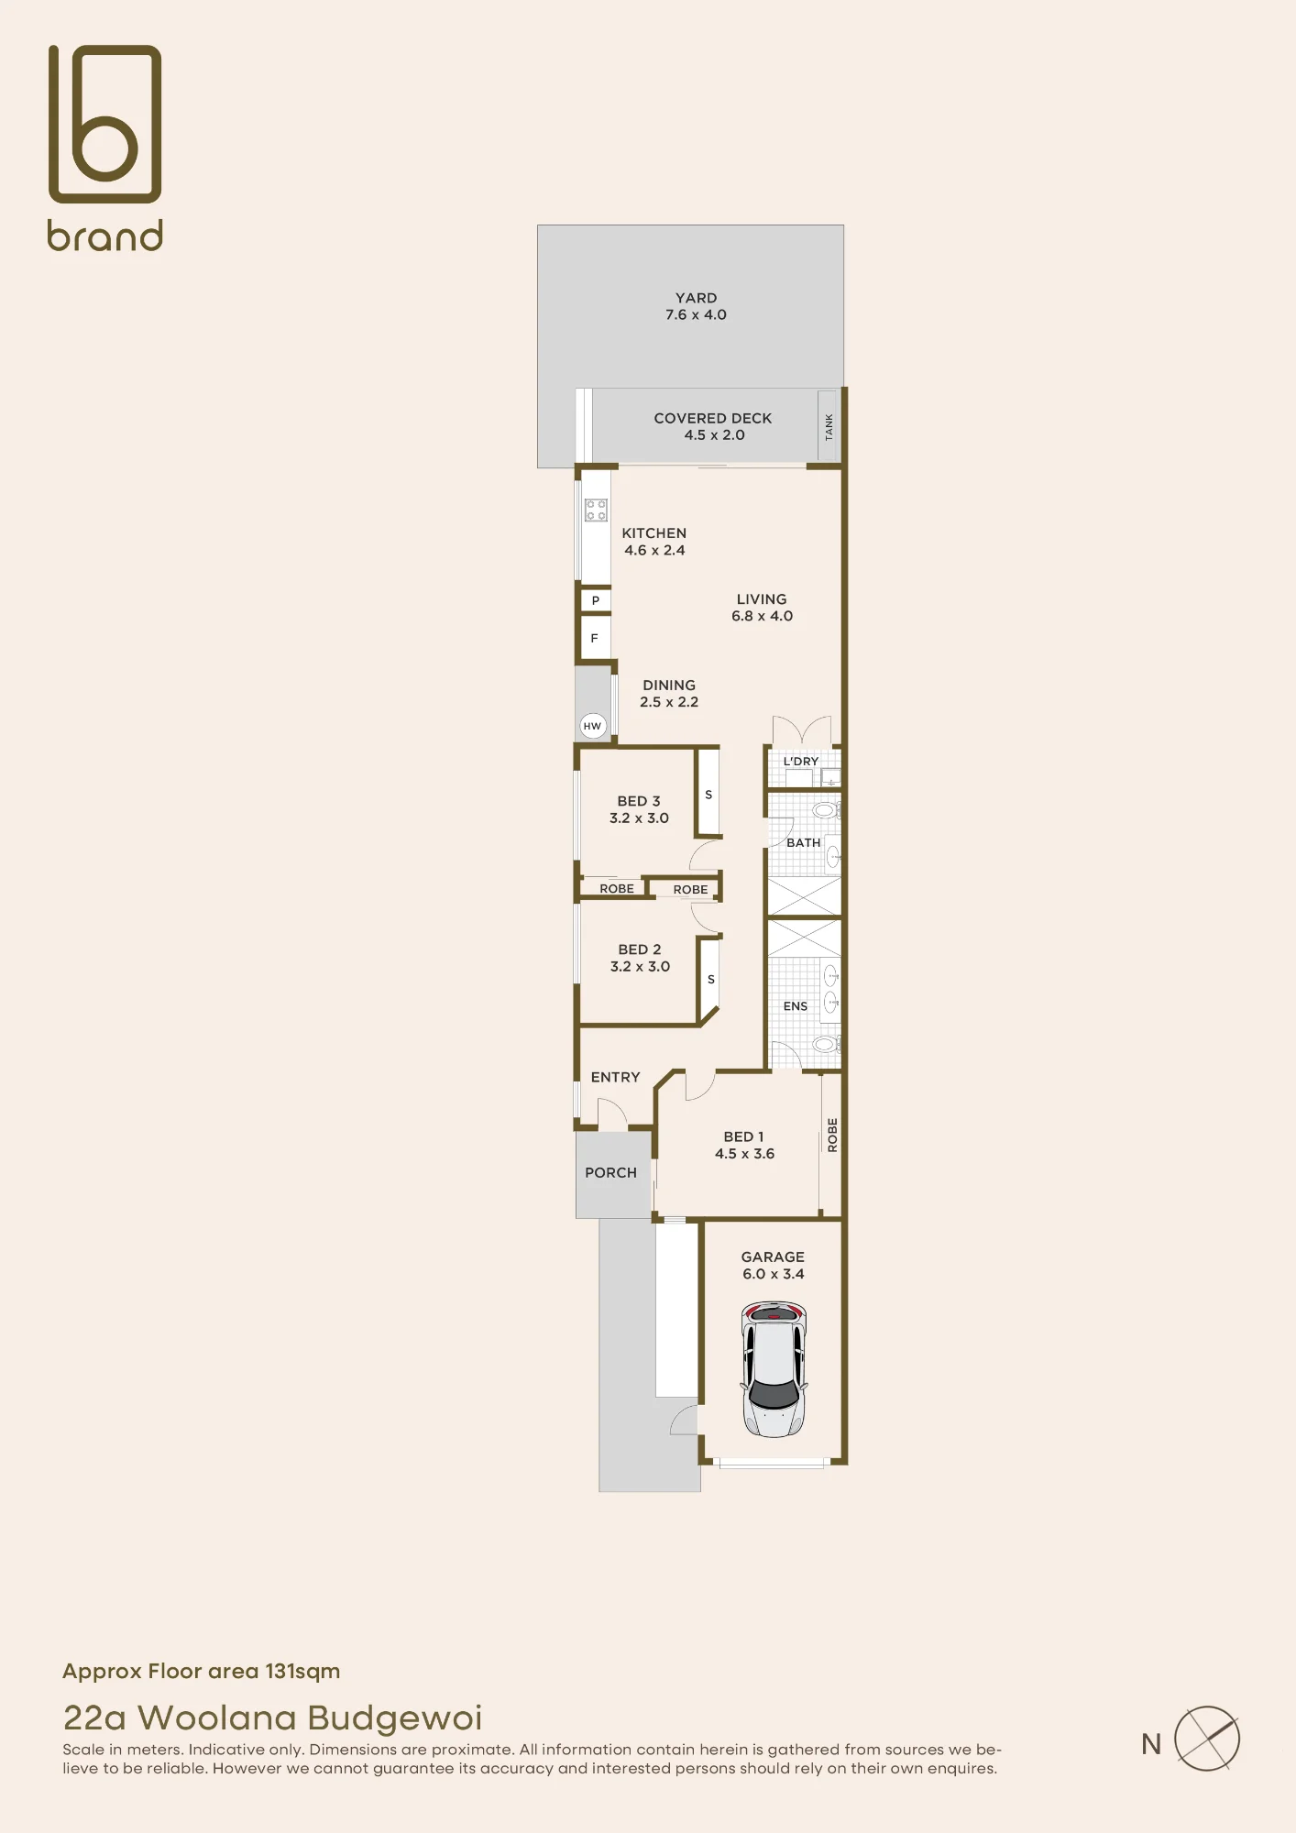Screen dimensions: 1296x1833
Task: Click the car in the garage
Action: click(x=774, y=1369)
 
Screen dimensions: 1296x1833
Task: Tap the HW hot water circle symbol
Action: click(x=593, y=726)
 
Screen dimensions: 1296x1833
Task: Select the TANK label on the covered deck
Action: click(x=829, y=426)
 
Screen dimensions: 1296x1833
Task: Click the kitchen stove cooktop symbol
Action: click(x=597, y=510)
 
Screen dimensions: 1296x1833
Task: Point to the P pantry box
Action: click(x=596, y=600)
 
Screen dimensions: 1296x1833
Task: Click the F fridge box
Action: click(x=595, y=638)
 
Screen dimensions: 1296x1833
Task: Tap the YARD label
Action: click(x=697, y=298)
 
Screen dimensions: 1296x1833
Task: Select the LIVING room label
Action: click(x=762, y=599)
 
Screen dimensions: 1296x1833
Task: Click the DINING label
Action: click(x=669, y=686)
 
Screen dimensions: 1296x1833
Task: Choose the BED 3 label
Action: click(x=639, y=801)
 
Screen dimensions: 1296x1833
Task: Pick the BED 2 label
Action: click(x=640, y=949)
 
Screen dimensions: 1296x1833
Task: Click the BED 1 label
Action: click(x=743, y=1136)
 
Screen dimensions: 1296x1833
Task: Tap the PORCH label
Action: click(x=610, y=1172)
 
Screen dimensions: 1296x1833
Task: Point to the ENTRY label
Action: click(x=615, y=1077)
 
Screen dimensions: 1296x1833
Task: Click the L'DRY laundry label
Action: click(x=801, y=762)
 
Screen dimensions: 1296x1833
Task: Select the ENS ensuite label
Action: click(x=796, y=1006)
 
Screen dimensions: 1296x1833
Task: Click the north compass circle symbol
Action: click(x=1207, y=1739)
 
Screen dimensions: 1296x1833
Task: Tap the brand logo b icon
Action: click(x=104, y=124)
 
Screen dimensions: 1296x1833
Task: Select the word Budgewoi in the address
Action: click(x=394, y=1718)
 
